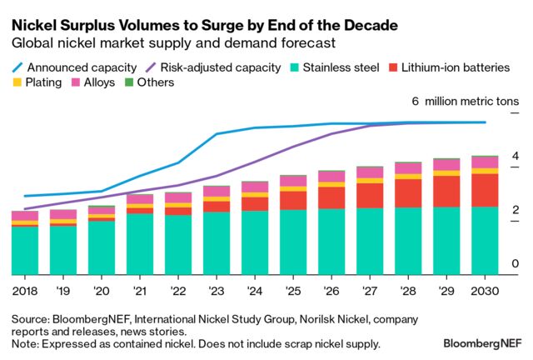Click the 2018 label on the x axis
click(25, 290)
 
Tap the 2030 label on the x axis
click(485, 290)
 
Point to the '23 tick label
click(217, 290)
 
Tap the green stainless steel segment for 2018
click(25, 250)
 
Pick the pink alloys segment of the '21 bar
click(140, 199)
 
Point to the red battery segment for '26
click(331, 197)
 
